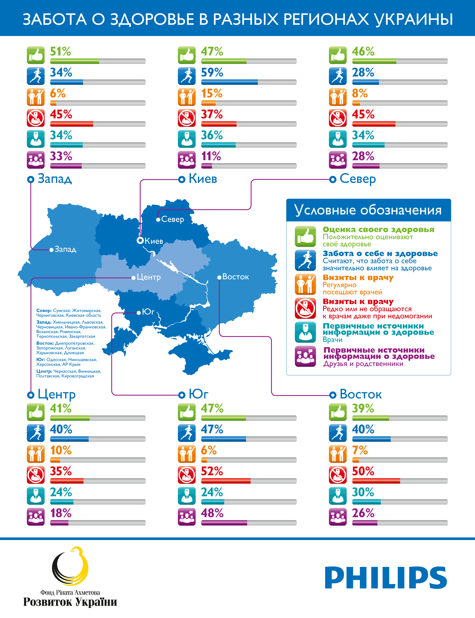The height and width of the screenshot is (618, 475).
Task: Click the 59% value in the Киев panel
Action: [212, 72]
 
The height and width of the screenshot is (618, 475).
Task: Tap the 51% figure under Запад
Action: [60, 52]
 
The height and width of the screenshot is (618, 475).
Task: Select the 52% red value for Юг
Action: [212, 471]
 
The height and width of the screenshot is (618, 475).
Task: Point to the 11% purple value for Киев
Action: [211, 156]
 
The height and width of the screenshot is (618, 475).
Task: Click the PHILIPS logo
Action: [386, 578]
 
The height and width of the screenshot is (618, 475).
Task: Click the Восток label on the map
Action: [235, 277]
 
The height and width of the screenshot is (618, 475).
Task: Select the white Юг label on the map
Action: [148, 312]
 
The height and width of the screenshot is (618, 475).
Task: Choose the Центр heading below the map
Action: [56, 395]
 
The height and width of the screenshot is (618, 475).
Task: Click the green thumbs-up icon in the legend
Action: [305, 236]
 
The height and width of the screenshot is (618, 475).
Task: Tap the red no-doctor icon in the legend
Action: [305, 308]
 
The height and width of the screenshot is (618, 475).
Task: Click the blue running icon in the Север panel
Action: [337, 76]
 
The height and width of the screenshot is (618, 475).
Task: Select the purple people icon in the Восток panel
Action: [337, 517]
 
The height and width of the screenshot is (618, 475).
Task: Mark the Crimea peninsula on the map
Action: [198, 357]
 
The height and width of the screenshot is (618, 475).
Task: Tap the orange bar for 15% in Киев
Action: [208, 103]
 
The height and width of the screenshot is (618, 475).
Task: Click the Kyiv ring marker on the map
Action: [140, 241]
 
